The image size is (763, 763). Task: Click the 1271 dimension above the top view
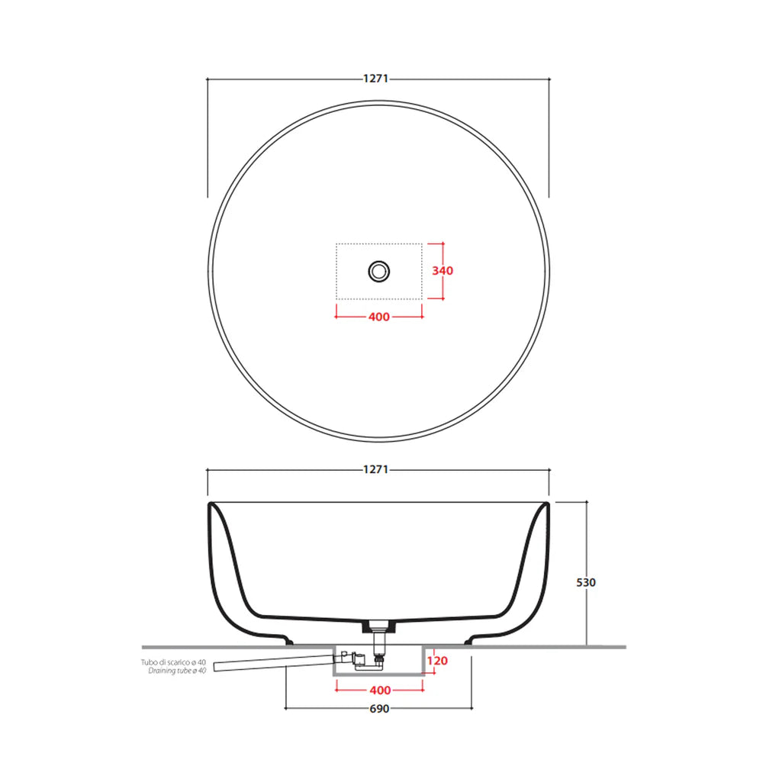point(375,79)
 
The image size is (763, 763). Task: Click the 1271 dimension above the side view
point(375,469)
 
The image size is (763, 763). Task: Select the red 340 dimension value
point(443,271)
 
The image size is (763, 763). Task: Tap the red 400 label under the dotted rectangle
point(379,317)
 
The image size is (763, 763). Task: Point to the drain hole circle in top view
point(378,271)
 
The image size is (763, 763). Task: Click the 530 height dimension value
point(586,582)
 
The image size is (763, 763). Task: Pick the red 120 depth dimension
point(437,661)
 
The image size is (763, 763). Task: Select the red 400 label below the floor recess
point(380,690)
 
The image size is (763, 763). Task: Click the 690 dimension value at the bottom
point(379,709)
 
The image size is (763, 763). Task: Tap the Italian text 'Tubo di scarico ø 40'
point(173,662)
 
